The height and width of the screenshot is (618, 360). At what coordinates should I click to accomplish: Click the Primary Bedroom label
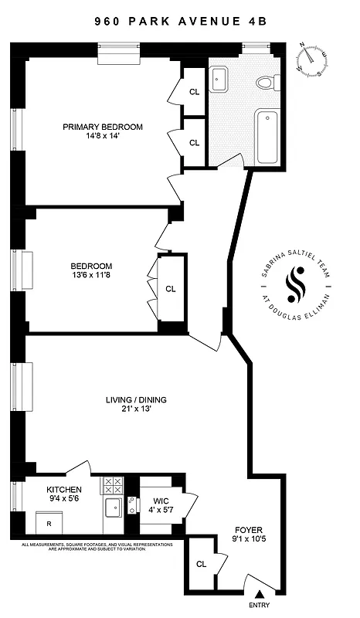coord(103,127)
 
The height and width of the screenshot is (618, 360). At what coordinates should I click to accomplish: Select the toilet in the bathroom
coord(265,81)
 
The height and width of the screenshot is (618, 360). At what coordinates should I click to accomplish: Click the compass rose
coord(312,59)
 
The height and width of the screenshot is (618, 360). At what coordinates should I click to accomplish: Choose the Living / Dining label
coord(136,399)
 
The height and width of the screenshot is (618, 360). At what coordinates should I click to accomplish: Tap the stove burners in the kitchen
coord(113,485)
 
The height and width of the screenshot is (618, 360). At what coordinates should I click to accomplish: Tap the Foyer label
coord(249,531)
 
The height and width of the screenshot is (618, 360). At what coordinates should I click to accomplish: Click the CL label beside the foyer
coord(202,564)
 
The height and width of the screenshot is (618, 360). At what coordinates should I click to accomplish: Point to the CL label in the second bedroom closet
coord(171,290)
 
